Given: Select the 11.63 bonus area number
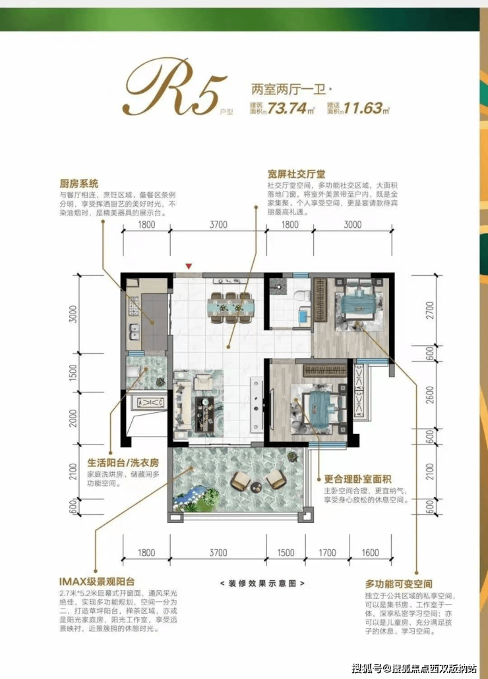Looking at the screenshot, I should click(361, 108).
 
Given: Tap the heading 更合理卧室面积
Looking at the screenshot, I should click(358, 480).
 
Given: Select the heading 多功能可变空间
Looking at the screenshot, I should click(398, 584).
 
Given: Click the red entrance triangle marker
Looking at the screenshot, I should click(189, 267).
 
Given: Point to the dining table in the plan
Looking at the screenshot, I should click(229, 306).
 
